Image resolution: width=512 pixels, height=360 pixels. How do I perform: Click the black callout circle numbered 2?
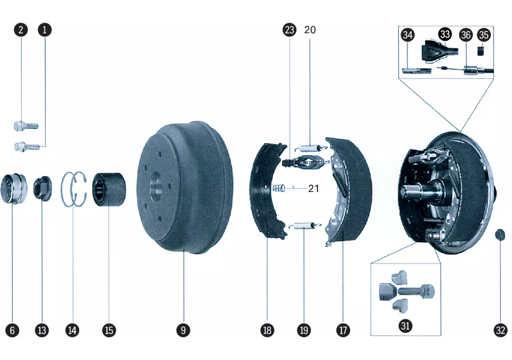click(21, 30)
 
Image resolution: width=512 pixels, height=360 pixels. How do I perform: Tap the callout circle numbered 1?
click(44, 30)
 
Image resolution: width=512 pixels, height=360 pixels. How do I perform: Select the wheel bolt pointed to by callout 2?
click(26, 126)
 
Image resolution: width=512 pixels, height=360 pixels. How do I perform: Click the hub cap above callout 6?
click(14, 189)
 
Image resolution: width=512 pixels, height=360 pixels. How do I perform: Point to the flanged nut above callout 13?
click(42, 188)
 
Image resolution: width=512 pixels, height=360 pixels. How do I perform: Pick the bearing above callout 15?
click(109, 190)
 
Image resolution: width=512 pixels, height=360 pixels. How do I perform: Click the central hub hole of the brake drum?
click(156, 186)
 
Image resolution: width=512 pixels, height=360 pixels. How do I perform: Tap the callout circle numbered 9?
click(183, 330)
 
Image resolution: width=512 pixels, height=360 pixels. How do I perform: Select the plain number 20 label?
click(310, 30)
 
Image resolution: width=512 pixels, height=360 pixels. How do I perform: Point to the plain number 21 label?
click(313, 188)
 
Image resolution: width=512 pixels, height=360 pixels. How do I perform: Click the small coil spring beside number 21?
click(279, 188)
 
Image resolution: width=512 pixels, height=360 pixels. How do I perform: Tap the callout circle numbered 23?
click(290, 30)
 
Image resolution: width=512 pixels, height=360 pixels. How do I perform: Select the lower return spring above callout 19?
click(305, 226)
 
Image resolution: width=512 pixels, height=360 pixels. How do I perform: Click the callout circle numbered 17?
click(343, 330)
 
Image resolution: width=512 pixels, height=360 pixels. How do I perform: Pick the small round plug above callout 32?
click(500, 235)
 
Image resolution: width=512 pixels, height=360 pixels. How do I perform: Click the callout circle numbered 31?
click(406, 326)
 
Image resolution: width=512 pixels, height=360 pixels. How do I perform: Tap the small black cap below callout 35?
click(481, 51)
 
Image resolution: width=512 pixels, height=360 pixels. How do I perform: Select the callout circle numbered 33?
click(445, 34)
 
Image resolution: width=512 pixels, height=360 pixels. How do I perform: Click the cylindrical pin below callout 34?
click(417, 71)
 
